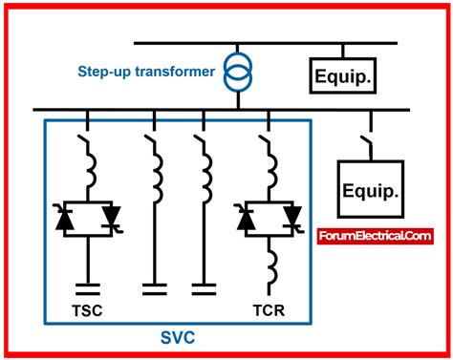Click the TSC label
89,311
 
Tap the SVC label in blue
179,338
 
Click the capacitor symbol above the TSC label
89,286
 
